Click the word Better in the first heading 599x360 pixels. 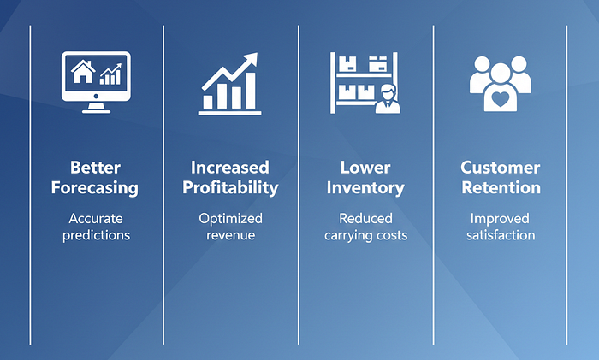pos(96,168)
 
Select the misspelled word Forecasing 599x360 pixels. pos(95,188)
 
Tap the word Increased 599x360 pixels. pos(230,168)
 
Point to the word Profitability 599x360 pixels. pos(230,188)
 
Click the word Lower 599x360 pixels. pos(365,168)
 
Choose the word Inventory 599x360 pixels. pos(365,188)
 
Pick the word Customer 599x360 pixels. pos(500,168)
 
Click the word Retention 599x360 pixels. pos(501,188)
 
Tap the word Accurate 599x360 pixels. pos(96,219)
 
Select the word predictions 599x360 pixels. pos(96,235)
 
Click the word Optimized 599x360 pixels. pos(230,219)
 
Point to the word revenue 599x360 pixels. pos(230,235)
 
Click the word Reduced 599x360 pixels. pos(365,219)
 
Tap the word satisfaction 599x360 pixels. pos(501,235)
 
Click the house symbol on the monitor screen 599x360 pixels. pos(83,71)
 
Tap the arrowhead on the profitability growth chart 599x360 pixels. pos(250,61)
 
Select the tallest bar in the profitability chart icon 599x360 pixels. pos(251,91)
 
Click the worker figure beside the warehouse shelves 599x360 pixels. pos(388,99)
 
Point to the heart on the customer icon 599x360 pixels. pos(500,99)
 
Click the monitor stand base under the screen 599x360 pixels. pos(96,110)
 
